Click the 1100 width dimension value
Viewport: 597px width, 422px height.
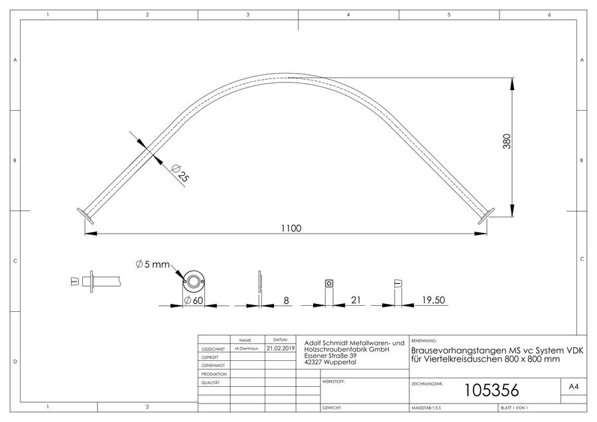(291, 228)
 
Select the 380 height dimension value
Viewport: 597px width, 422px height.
(507, 141)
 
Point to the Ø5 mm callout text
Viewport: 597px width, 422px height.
(153, 264)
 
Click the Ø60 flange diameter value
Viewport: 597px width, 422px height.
(194, 301)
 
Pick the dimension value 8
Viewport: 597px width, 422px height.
(286, 301)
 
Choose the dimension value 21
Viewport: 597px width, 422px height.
(356, 300)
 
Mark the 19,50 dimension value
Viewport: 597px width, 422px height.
(433, 300)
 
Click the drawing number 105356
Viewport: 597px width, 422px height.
(492, 390)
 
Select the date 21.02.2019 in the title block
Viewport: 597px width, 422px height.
(280, 348)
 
